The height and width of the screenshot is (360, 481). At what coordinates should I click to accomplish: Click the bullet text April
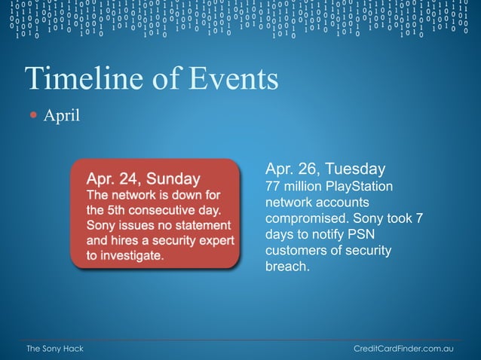click(61, 116)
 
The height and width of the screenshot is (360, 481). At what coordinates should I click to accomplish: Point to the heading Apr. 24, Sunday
click(143, 178)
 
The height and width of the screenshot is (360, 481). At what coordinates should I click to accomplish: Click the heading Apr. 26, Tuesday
click(325, 168)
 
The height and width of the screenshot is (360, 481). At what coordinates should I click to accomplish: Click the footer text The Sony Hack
click(55, 350)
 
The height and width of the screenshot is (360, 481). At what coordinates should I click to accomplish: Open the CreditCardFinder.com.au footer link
click(403, 350)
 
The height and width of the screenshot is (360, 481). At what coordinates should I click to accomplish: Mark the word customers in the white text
click(296, 251)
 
